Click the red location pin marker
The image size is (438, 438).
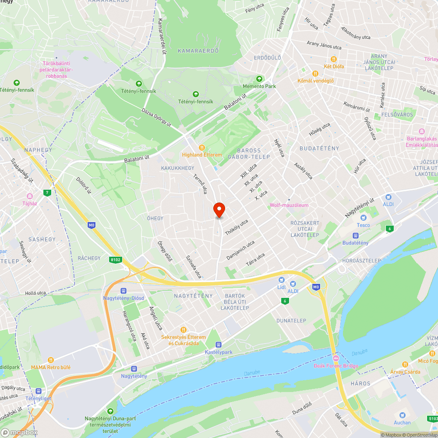[x=219, y=210]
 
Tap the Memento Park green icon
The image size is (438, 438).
[x=259, y=79]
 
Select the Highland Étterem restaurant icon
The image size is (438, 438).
[x=202, y=148]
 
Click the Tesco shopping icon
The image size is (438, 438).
[x=363, y=218]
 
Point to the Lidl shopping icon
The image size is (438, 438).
[x=281, y=280]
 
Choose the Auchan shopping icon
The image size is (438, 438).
[x=402, y=415]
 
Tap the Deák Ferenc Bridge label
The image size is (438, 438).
[x=336, y=366]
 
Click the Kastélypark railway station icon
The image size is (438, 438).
[x=218, y=345]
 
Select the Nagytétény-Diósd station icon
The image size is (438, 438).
[x=124, y=291]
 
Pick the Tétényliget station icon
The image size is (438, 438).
[x=39, y=391]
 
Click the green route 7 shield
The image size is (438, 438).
[x=47, y=192]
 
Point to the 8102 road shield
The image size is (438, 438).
[x=115, y=259]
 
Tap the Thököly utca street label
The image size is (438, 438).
[x=236, y=226]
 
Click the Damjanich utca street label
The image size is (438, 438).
[x=240, y=250]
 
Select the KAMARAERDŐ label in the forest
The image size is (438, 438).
[x=198, y=51]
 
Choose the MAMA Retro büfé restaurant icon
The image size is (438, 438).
[x=50, y=360]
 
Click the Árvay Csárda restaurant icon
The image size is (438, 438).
[x=405, y=364]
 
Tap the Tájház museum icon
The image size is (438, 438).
[x=30, y=196]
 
